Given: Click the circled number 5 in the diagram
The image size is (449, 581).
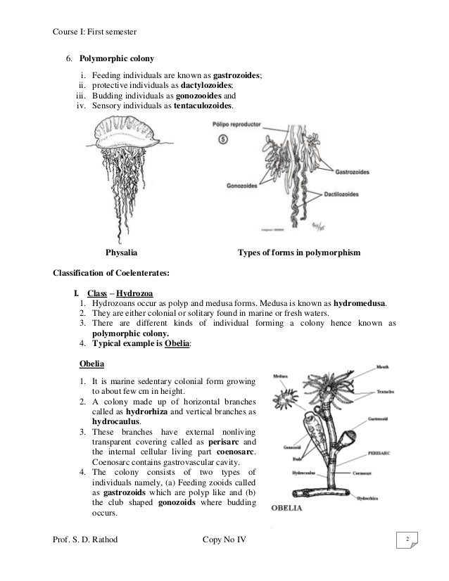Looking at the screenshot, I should [x=222, y=139].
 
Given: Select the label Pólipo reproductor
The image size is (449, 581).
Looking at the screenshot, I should [x=236, y=124].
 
